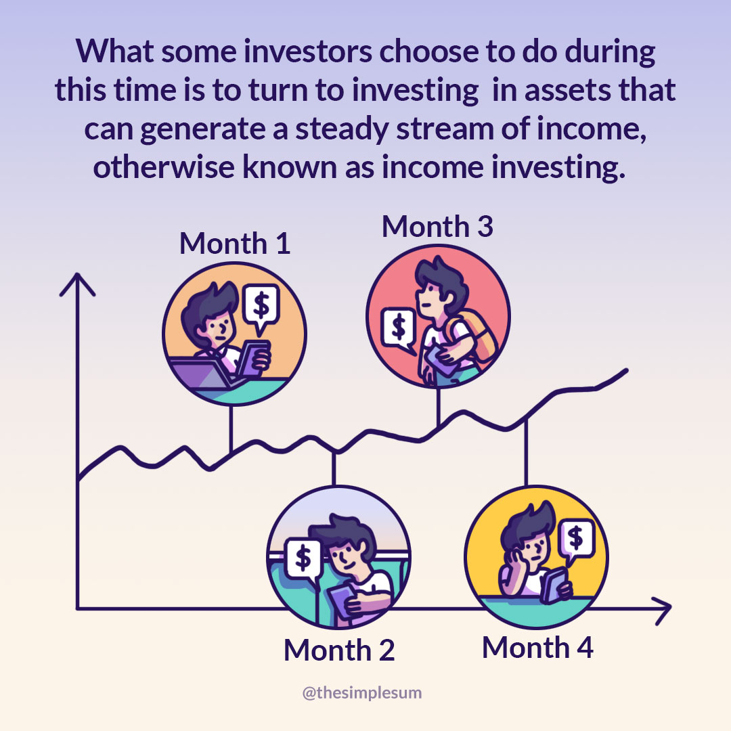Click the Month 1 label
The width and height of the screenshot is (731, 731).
tap(235, 244)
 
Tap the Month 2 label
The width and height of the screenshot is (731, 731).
tap(339, 650)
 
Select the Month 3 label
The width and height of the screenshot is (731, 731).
tap(437, 227)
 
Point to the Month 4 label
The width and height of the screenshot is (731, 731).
tap(537, 648)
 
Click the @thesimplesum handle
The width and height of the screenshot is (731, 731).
tap(361, 693)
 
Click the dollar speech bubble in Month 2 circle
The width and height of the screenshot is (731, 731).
tap(303, 560)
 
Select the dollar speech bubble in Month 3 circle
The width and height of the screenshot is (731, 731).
tap(399, 330)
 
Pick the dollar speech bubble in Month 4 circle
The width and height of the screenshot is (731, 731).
tap(576, 540)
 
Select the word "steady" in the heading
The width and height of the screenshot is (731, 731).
tap(341, 129)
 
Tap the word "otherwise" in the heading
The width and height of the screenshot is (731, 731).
tap(164, 167)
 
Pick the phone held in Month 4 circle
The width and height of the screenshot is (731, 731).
tap(554, 585)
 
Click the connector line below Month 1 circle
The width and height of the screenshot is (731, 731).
tap(231, 429)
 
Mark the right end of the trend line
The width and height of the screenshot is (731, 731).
tap(627, 371)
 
